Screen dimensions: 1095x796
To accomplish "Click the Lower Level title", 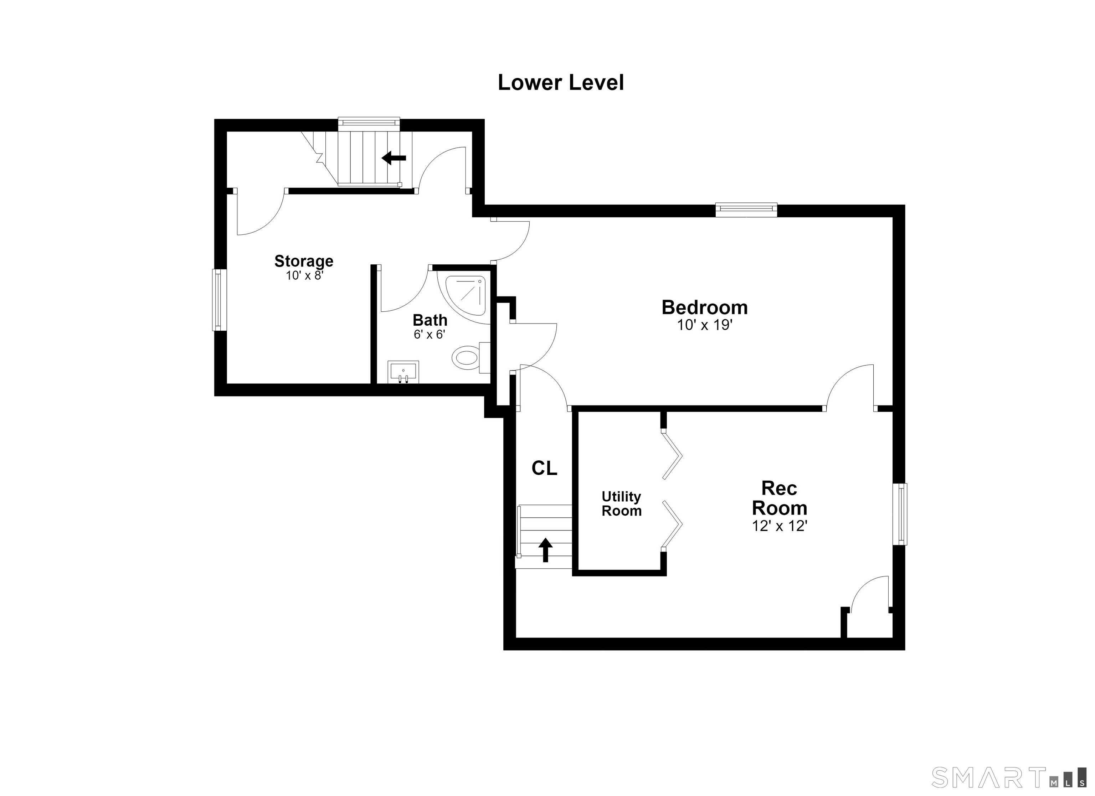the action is pyautogui.click(x=561, y=83).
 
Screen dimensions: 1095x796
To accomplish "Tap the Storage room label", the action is pyautogui.click(x=304, y=261).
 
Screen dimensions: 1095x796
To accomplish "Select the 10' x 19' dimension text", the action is pyautogui.click(x=705, y=325).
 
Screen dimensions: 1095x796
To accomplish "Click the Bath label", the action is pyautogui.click(x=430, y=320).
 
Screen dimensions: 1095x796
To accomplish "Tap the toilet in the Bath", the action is pyautogui.click(x=471, y=357).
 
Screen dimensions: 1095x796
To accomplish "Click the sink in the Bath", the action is pyautogui.click(x=403, y=372).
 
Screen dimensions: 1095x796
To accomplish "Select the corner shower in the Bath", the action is pyautogui.click(x=466, y=296).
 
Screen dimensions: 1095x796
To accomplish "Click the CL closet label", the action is pyautogui.click(x=544, y=468).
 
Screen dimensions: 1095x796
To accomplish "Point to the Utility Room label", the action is pyautogui.click(x=621, y=503).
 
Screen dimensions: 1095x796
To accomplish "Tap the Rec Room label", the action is pyautogui.click(x=779, y=498).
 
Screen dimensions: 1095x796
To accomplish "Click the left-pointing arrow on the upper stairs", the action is pyautogui.click(x=394, y=157).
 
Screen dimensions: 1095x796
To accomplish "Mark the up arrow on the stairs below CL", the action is pyautogui.click(x=546, y=550).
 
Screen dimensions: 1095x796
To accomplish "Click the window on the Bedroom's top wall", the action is pyautogui.click(x=746, y=210).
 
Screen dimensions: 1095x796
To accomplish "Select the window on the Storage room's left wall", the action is pyautogui.click(x=220, y=300).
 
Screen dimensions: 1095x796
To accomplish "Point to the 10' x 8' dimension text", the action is pyautogui.click(x=304, y=276).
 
